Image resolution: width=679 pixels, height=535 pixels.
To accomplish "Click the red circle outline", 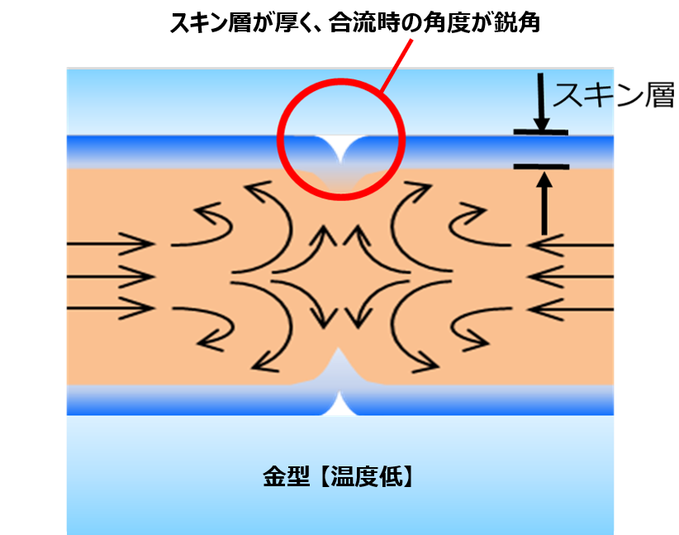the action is click(x=278, y=140).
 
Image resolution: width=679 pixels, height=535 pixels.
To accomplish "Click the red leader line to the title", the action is click(x=396, y=65).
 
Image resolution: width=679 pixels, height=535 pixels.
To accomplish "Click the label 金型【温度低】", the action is click(x=339, y=476).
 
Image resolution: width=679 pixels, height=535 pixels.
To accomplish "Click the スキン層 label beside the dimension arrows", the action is click(x=613, y=95).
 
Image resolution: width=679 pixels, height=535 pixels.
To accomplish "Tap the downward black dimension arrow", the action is click(x=541, y=102).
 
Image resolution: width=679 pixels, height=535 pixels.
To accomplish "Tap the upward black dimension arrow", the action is click(x=544, y=203).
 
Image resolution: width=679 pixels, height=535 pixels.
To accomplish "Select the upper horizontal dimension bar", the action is click(x=541, y=132).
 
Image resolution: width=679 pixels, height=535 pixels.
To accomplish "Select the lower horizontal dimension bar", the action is click(x=541, y=166).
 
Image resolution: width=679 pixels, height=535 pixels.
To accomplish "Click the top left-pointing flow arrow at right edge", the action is click(x=570, y=245).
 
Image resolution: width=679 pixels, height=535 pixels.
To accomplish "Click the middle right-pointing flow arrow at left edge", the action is click(x=111, y=276).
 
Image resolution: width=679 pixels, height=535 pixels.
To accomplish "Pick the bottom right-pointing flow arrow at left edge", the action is click(x=111, y=308).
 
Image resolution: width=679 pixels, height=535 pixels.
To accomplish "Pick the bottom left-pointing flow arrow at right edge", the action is click(x=570, y=309).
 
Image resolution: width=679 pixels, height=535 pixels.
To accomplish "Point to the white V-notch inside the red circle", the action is click(x=341, y=146).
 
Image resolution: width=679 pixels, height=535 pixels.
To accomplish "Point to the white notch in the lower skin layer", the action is click(x=339, y=405).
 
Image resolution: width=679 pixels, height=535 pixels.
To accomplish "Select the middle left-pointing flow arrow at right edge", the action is click(x=570, y=277).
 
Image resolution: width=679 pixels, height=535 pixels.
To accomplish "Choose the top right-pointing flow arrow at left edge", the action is click(x=111, y=244).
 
